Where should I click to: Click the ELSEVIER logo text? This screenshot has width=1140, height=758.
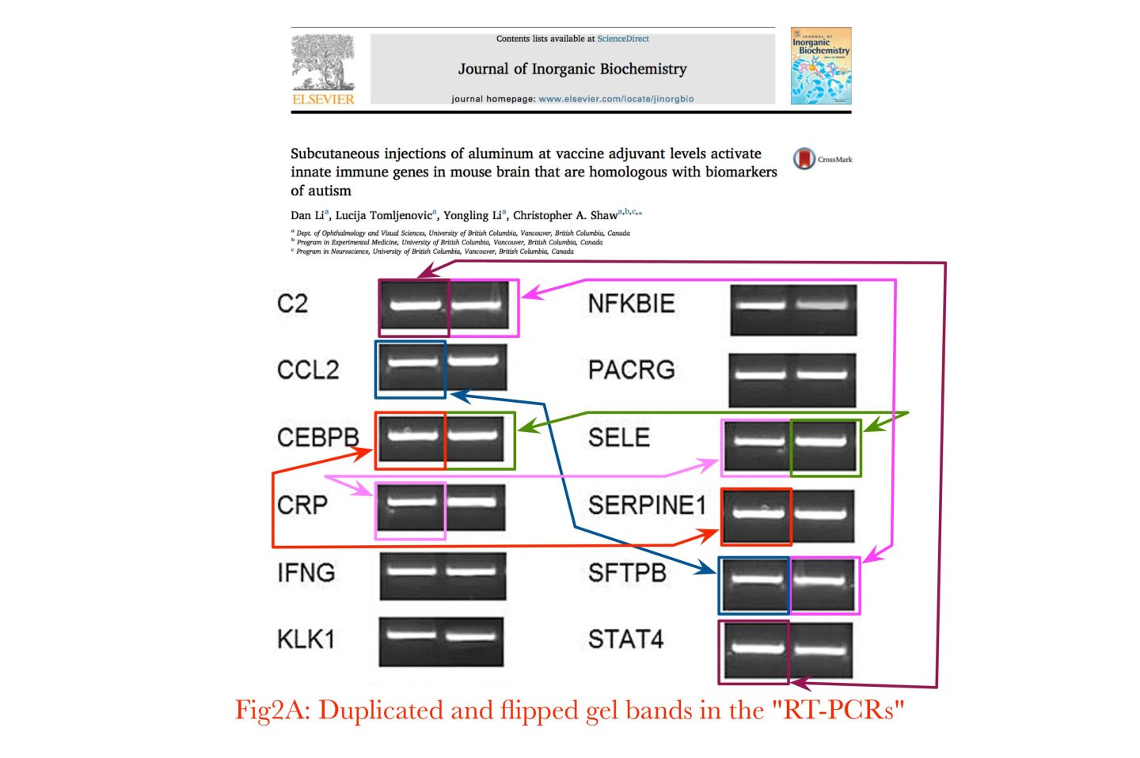pos(323,99)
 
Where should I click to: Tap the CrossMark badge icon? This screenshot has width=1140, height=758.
pos(804,158)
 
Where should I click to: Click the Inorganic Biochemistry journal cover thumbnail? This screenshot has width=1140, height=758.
pos(820,66)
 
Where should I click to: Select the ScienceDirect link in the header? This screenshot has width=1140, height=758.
pos(623,39)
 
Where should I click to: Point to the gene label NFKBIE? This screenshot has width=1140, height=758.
pos(631,303)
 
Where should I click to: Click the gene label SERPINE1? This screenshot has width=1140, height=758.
pos(646,505)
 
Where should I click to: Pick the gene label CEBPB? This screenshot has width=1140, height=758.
pos(317,437)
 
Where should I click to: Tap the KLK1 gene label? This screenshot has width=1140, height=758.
pos(306,639)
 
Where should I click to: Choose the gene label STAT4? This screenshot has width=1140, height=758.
pos(625,639)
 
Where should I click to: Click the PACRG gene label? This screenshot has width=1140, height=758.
pos(631,370)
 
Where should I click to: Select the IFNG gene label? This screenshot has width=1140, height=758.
pos(306,572)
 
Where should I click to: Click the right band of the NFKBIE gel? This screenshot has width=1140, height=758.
pos(825,305)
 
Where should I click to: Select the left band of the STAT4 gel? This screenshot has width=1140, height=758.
pos(754,649)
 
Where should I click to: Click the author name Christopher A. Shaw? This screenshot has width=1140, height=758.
pos(564,215)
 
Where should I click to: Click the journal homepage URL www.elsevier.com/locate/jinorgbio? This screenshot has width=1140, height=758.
pos(616,99)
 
